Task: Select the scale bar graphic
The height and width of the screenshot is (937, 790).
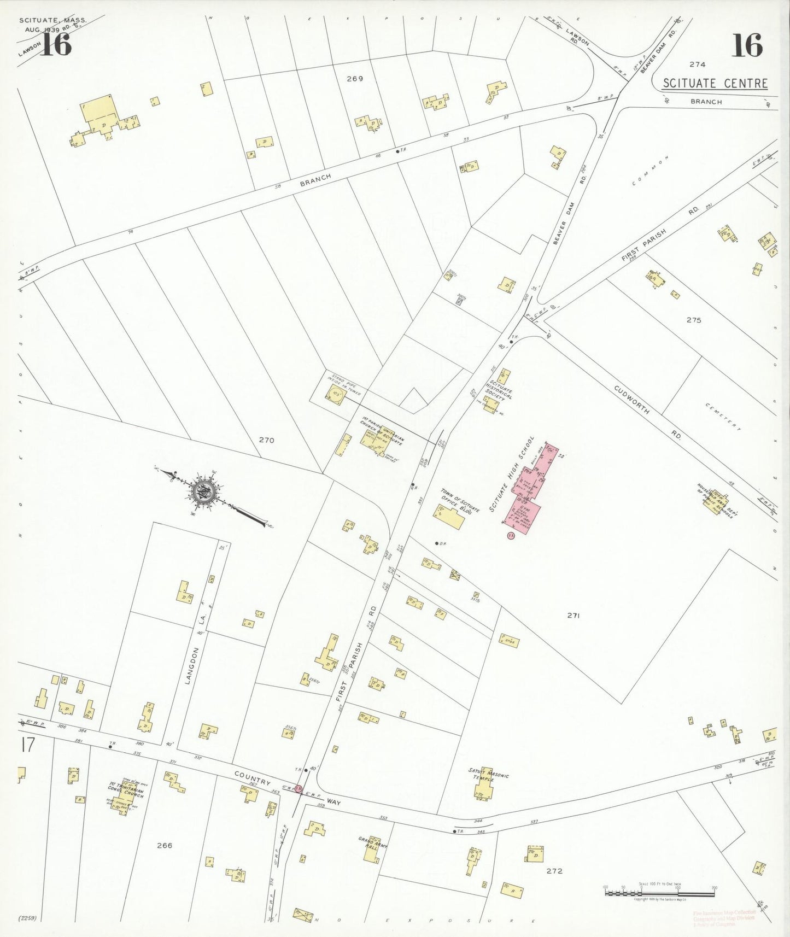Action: click(x=659, y=893)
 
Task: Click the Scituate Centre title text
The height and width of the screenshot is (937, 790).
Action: click(x=715, y=84)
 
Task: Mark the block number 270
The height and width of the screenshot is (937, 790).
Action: click(x=266, y=440)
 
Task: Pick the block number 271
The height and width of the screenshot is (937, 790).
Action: click(x=573, y=616)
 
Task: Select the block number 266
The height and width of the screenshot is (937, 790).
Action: click(x=164, y=845)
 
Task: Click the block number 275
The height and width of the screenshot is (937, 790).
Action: click(x=693, y=320)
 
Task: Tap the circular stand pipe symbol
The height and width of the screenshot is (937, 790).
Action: click(x=334, y=394)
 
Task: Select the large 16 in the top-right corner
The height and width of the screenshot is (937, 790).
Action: click(x=747, y=45)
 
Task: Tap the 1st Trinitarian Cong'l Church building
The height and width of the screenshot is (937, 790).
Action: click(x=125, y=799)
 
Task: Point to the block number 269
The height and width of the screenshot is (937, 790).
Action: click(x=355, y=79)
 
